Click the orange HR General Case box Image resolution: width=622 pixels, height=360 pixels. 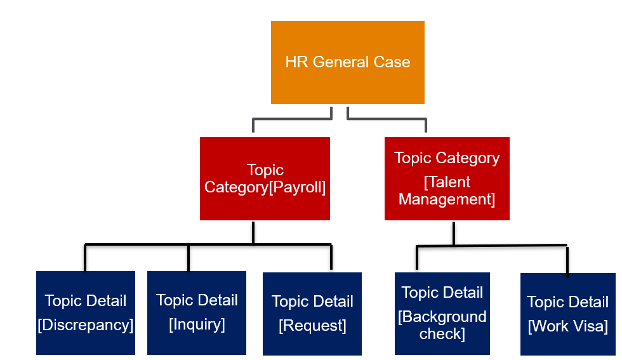coord(347,62)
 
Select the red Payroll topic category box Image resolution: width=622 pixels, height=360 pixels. coord(265,178)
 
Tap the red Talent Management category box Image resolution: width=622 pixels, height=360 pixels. coord(447,178)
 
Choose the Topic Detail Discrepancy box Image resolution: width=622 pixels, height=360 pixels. coord(86,312)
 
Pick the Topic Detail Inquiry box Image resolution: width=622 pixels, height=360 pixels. coord(197,312)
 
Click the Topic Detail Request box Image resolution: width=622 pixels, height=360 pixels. coord(312,314)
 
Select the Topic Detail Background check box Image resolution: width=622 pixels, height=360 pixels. coord(442,313)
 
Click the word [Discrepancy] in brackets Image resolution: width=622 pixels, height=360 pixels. coord(86,325)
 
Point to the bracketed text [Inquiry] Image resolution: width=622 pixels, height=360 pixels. coord(197,324)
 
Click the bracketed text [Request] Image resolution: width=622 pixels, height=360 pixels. coord(312,326)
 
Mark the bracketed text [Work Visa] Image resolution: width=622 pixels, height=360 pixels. coord(567,326)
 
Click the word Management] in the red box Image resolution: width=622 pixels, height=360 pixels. coord(447,199)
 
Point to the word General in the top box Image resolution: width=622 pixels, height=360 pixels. coord(341,62)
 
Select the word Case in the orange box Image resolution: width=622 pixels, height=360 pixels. coord(392,62)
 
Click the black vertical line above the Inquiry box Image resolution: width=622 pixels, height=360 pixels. coord(189,258)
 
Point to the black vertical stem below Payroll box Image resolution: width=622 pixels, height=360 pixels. coord(253,232)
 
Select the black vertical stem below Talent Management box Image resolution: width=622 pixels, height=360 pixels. coord(454,233)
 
